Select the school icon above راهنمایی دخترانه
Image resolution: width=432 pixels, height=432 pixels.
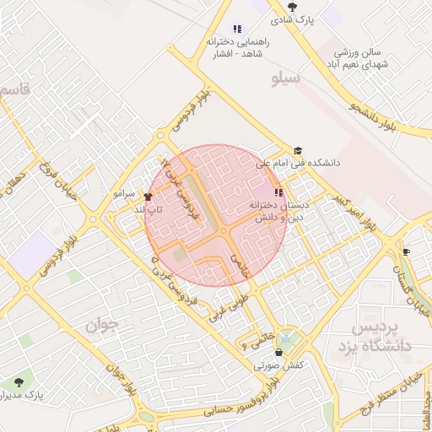click(237, 29)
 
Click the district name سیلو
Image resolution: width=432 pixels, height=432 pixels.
click(287, 79)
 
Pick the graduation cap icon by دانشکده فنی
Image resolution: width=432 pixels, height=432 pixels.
click(298, 150)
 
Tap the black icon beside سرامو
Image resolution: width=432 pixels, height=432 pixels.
click(148, 196)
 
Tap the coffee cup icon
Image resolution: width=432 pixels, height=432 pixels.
click(406, 251)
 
